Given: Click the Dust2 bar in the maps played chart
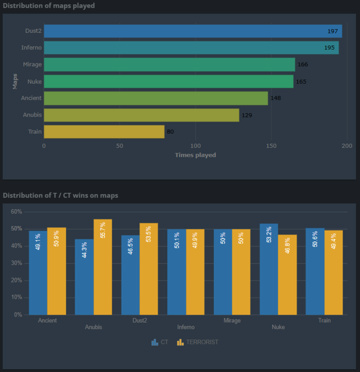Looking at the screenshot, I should [193, 31].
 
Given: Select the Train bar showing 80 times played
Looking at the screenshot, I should [104, 132].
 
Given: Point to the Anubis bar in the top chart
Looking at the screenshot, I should [141, 115].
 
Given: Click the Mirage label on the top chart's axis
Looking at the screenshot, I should [32, 65].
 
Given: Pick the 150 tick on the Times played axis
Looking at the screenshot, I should [271, 146].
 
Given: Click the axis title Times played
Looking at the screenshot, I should [195, 155].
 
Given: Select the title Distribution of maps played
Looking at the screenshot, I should [49, 6].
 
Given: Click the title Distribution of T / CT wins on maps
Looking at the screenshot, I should [60, 195].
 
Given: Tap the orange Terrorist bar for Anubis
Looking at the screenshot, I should [103, 267].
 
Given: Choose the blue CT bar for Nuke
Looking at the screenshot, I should [269, 269].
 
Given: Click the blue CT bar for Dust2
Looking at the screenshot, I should [130, 275].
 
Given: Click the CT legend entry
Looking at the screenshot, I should [160, 342].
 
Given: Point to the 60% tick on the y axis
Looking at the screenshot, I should [16, 212].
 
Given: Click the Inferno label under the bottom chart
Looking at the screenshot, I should [186, 327].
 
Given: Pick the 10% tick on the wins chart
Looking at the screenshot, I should [16, 297].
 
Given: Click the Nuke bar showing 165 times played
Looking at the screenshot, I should [168, 81].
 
